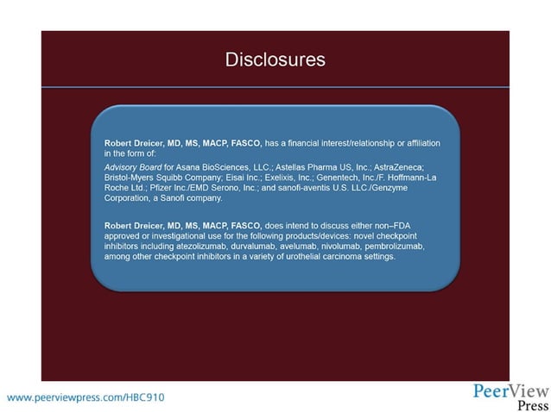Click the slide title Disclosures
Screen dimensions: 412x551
pos(275,59)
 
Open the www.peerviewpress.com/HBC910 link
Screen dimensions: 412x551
pos(85,397)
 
